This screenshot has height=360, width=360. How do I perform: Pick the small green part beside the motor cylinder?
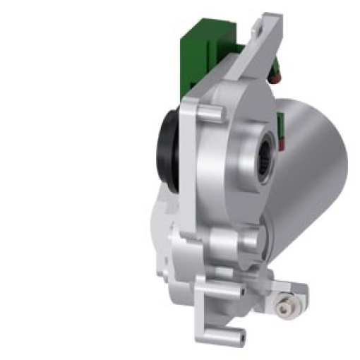[x=281, y=129]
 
